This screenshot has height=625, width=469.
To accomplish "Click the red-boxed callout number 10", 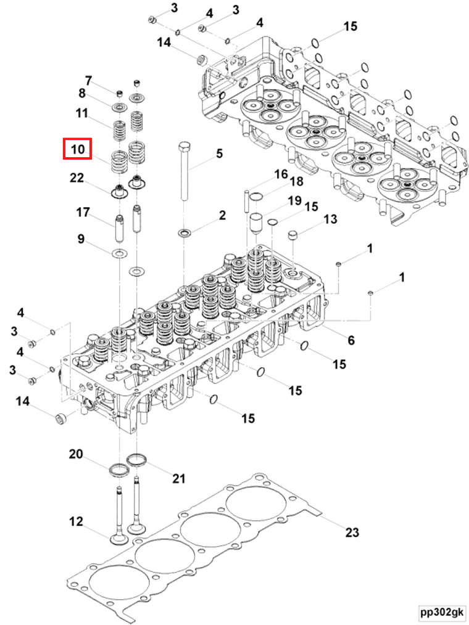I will point(77,149).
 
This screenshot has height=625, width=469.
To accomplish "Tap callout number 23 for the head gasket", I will point(352,533).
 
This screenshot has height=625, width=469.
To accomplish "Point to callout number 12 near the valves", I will point(75,522).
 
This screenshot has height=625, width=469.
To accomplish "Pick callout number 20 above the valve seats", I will point(75,454).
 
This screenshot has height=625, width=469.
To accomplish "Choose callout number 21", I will point(179,478).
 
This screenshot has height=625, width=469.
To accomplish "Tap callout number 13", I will point(330,219).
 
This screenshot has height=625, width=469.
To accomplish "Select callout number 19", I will point(294,201).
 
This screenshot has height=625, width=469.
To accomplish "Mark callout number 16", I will point(281,174).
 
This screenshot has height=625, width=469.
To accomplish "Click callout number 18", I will point(296,181).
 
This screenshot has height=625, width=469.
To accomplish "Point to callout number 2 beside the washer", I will point(222,215).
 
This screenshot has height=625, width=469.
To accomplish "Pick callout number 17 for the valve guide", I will point(83,213).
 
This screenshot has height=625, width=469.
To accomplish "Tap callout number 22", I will point(77,178).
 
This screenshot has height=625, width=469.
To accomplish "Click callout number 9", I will point(81,239).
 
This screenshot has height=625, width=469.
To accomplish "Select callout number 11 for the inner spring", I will point(81,113).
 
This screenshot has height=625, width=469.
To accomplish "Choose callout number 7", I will point(88,81).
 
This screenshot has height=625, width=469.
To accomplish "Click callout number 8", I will point(81,94).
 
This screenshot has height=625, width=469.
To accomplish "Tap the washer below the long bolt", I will point(185,234).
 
